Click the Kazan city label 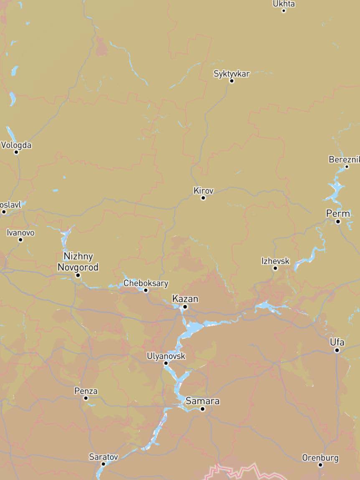[185, 299]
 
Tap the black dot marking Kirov [203, 198]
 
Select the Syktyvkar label [231, 74]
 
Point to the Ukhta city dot [284, 10]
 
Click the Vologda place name [16, 145]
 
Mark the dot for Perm [338, 221]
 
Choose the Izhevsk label [275, 261]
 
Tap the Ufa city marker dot [337, 350]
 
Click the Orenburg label [320, 458]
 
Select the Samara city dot [203, 409]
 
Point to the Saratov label [104, 457]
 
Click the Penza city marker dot [86, 398]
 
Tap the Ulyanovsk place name [166, 356]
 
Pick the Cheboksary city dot [146, 290]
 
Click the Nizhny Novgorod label [78, 262]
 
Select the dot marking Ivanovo [20, 240]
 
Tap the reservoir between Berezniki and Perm [335, 190]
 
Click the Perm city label [338, 213]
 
